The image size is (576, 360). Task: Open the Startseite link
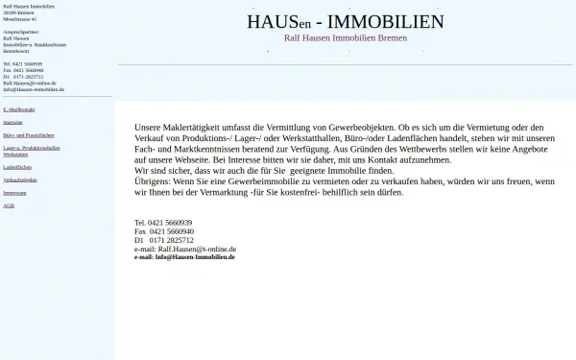pos(13,123)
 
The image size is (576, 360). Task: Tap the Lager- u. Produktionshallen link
pos(32,149)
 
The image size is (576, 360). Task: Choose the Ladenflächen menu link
pos(17,166)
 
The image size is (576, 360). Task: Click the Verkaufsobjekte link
pos(20,180)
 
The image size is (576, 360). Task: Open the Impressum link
pos(14,193)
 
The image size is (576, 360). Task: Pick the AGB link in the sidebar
pos(9,205)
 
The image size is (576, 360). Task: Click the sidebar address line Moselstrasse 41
pos(20,18)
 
